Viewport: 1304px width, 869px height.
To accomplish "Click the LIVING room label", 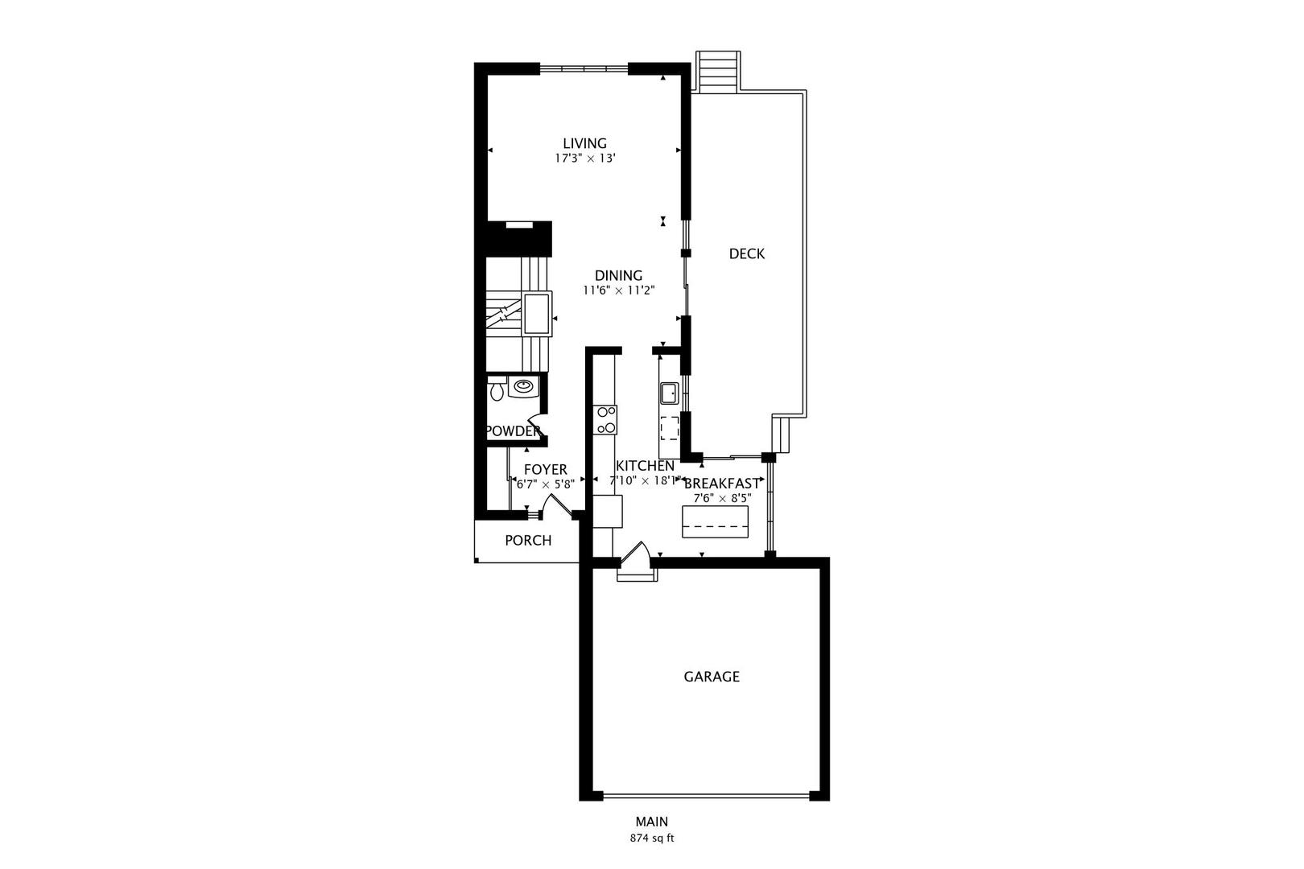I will coord(584,144).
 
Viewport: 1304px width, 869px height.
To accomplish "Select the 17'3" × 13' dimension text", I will coord(584,159).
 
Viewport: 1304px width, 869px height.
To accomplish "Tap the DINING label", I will coord(618,275).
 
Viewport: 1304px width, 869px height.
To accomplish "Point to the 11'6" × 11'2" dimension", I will coord(618,290).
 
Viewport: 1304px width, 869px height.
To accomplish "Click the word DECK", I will coord(746,254).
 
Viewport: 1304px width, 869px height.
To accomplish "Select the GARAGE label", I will coord(712,677).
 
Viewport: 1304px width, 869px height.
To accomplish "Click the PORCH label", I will coord(528,541).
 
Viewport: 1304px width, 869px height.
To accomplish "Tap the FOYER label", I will coord(545,470).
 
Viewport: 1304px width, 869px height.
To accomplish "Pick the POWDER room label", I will coord(513,431).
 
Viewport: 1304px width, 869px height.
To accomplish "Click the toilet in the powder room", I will coord(497,393).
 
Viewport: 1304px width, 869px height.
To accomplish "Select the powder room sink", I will coord(523,387).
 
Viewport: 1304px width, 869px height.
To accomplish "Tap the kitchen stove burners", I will coord(605,420).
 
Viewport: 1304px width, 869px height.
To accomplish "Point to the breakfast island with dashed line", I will coord(715,521).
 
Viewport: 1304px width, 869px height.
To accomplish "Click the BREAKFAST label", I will coord(721,484).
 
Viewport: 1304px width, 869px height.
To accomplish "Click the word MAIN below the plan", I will coord(651,822).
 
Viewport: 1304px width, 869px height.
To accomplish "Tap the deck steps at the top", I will coord(717,72).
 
